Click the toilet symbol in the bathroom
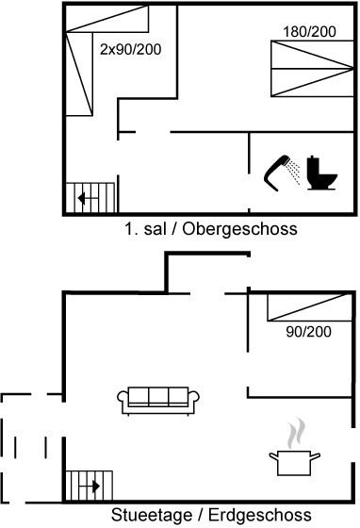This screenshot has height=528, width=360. pyautogui.click(x=321, y=173)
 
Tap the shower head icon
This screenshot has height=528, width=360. pyautogui.click(x=276, y=173)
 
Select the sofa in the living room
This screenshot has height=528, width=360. pyautogui.click(x=158, y=401)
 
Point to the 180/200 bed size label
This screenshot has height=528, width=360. pyautogui.click(x=309, y=32)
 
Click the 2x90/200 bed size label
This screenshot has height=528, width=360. pyautogui.click(x=131, y=49)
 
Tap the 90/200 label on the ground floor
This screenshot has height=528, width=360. pyautogui.click(x=308, y=332)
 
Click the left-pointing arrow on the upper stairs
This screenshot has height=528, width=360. pyautogui.click(x=88, y=198)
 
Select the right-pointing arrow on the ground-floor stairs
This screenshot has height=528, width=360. pyautogui.click(x=90, y=487)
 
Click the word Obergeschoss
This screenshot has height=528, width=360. pyautogui.click(x=239, y=229)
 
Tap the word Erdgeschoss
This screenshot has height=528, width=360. pyautogui.click(x=260, y=515)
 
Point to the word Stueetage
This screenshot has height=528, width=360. pyautogui.click(x=152, y=515)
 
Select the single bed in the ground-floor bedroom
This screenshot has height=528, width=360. pyautogui.click(x=309, y=307)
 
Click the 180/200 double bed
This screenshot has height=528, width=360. pyautogui.click(x=312, y=69)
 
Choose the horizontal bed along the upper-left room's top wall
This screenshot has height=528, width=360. pyautogui.click(x=107, y=19)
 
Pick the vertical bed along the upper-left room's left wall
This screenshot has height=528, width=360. pyautogui.click(x=79, y=74)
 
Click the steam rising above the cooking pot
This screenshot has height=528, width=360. pyautogui.click(x=296, y=434)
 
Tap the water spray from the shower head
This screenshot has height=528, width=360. pyautogui.click(x=294, y=173)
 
